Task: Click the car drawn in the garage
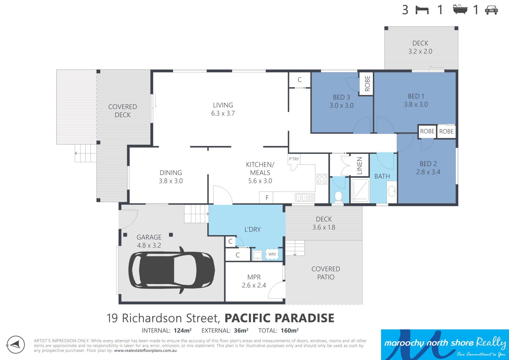(172, 270)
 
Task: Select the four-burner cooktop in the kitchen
(322, 179)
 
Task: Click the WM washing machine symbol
(272, 254)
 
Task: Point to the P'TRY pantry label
(294, 159)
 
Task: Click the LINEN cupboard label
(359, 166)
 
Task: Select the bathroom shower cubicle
(360, 190)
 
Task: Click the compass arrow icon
(16, 345)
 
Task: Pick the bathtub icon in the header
(460, 9)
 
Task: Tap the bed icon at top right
(422, 10)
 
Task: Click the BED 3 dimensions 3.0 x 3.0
(341, 106)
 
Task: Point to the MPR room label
(254, 277)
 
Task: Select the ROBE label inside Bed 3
(367, 84)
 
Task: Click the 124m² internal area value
(183, 330)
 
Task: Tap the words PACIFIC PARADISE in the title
(279, 318)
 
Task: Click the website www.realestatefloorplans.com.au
(145, 350)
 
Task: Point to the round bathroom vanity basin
(392, 191)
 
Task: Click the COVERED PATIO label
(326, 273)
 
